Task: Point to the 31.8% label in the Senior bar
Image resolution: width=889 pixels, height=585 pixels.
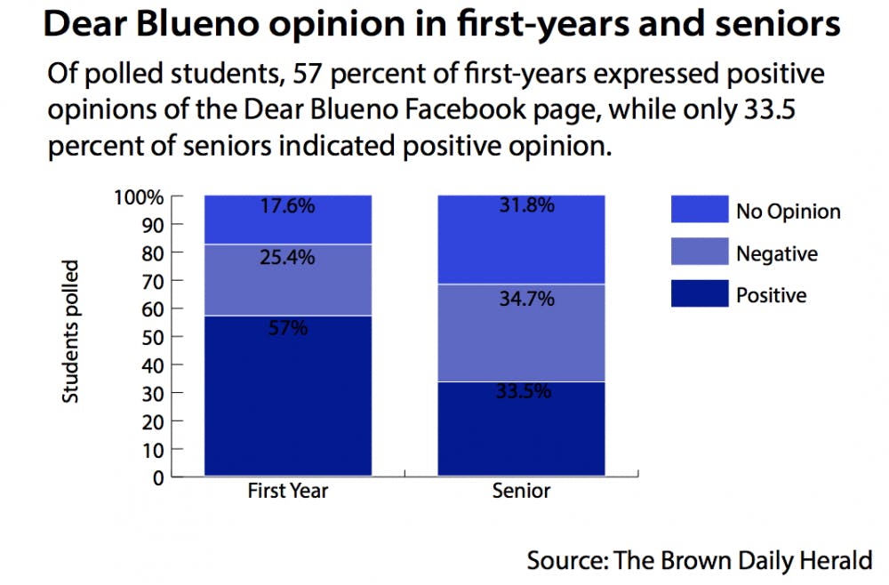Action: coord(523,206)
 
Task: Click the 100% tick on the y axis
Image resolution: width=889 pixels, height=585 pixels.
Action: coord(139,196)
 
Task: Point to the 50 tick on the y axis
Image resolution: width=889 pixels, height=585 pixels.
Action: coord(151,337)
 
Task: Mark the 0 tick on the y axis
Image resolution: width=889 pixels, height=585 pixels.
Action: coord(157,477)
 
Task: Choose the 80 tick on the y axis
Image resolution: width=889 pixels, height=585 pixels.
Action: coord(151,253)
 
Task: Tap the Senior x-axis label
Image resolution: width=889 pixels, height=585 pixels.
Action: coord(522,491)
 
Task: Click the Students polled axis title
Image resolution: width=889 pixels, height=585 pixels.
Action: coord(71,331)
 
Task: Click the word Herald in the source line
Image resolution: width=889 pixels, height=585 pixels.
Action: coord(836,562)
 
